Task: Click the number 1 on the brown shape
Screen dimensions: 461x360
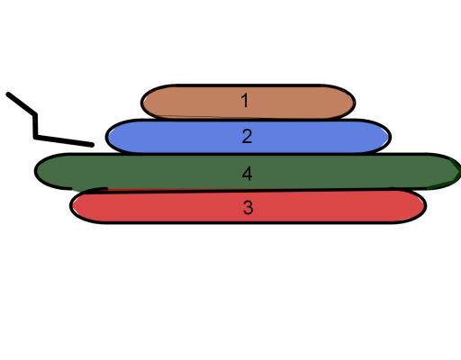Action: [245, 101]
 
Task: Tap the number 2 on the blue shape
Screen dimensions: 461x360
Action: [247, 136]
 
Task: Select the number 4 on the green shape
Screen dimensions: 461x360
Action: [247, 174]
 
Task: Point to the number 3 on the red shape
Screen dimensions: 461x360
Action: [248, 207]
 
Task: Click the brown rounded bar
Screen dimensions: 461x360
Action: [249, 102]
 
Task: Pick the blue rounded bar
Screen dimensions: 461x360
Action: [249, 136]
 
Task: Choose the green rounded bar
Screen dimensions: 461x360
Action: [248, 171]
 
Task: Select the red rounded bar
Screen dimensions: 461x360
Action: [249, 206]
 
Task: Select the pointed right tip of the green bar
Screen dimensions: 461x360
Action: [459, 171]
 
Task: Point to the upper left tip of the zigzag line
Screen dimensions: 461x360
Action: [7, 94]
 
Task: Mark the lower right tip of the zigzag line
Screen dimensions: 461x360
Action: [93, 145]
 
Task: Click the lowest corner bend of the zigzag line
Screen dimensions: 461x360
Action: [35, 137]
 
